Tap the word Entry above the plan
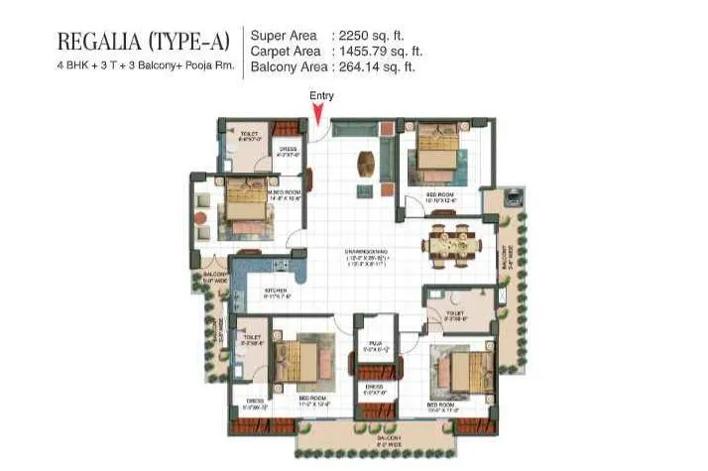(x=321, y=95)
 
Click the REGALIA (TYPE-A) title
(x=144, y=42)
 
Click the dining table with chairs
(x=453, y=241)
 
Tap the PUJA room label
(x=371, y=346)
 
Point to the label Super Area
(x=284, y=35)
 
